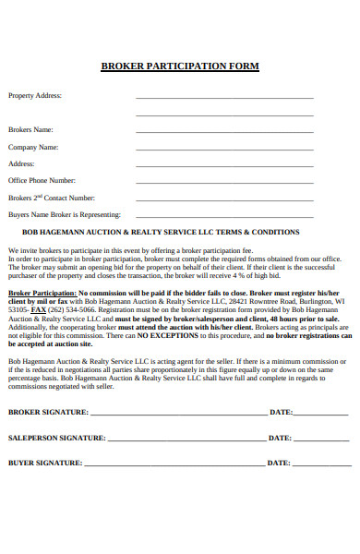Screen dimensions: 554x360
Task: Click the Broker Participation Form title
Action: pyautogui.click(x=179, y=66)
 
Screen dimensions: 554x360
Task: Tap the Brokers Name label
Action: pyautogui.click(x=30, y=129)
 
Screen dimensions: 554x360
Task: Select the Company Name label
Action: pyautogui.click(x=33, y=147)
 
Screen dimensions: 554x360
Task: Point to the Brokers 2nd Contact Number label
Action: pyautogui.click(x=52, y=198)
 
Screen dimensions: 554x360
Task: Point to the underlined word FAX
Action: pyautogui.click(x=40, y=309)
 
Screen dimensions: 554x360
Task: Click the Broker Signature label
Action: pyautogui.click(x=48, y=412)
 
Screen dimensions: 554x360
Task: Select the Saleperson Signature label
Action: pyautogui.click(x=56, y=438)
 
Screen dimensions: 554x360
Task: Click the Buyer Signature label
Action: pyautogui.click(x=45, y=463)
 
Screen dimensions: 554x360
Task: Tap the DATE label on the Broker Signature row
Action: pyautogui.click(x=280, y=412)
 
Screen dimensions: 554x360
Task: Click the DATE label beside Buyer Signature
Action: pyautogui.click(x=280, y=463)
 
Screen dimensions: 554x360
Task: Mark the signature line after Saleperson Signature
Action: pyautogui.click(x=186, y=440)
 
